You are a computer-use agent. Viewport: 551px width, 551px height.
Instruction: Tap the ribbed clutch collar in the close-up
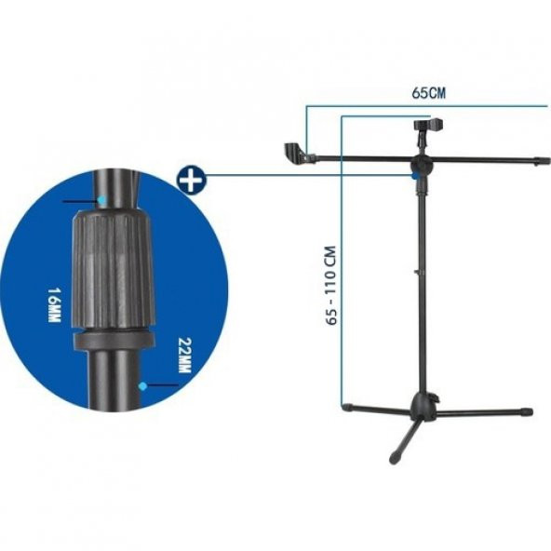[112, 270]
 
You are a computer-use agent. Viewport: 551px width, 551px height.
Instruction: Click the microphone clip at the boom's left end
[294, 151]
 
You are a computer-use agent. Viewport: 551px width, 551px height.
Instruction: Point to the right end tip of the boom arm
[544, 161]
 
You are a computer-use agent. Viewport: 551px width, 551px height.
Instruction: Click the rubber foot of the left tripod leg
[347, 407]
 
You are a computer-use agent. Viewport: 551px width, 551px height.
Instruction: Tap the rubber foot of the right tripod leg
[527, 410]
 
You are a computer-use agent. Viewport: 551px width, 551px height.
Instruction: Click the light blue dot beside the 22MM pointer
[141, 383]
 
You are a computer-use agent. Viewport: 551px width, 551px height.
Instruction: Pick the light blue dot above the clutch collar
[101, 200]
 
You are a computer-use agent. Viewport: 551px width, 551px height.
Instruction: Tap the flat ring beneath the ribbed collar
[114, 341]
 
